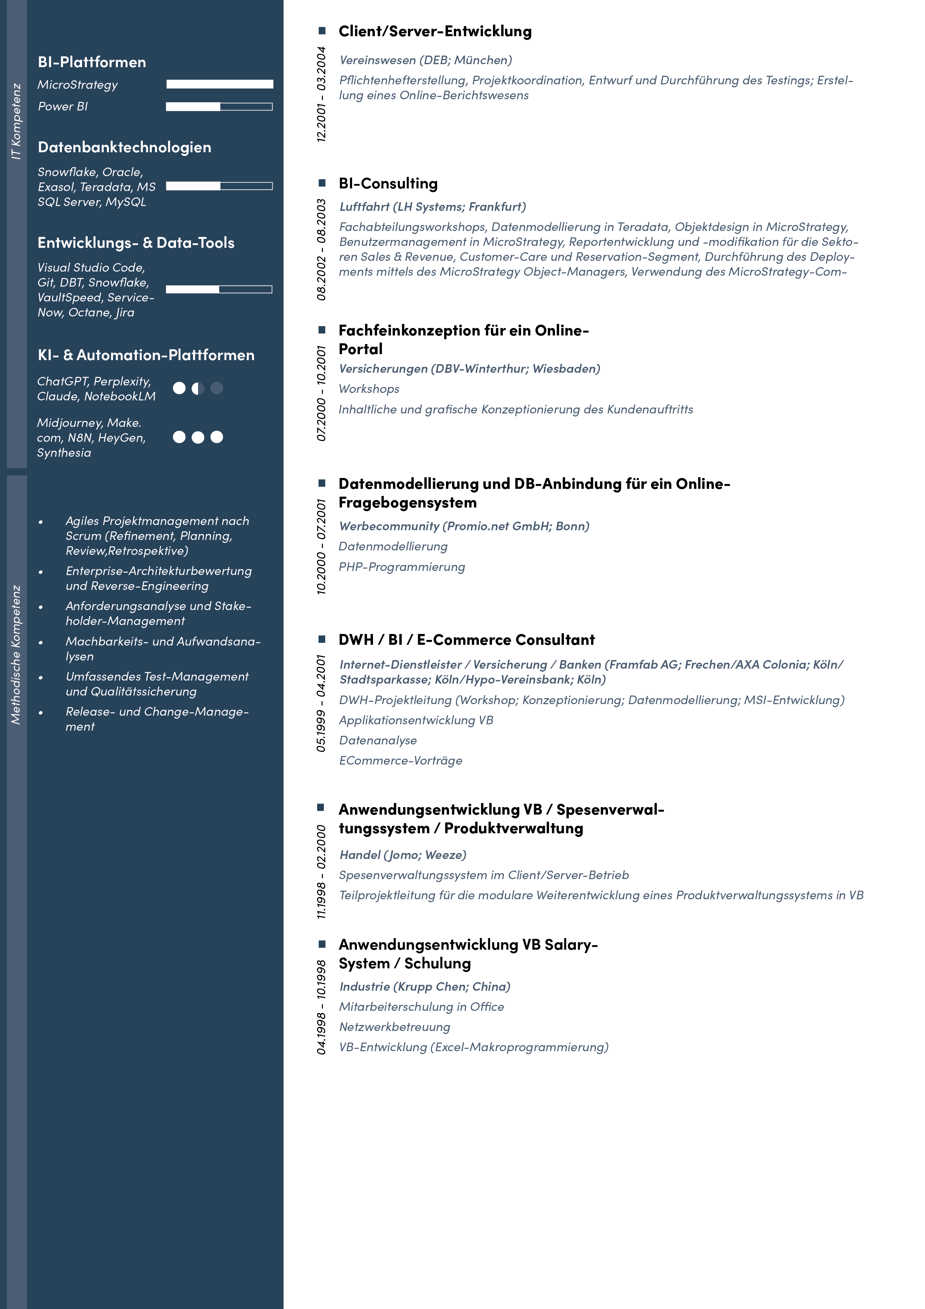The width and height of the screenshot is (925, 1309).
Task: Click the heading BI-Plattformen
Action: tap(92, 62)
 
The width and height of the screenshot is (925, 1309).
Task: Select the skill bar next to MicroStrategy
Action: tap(219, 84)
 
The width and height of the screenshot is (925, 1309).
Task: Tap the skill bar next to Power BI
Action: tap(219, 107)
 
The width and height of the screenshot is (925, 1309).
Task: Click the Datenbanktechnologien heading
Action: tap(124, 147)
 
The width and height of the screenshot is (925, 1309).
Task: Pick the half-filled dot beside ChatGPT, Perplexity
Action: tap(198, 388)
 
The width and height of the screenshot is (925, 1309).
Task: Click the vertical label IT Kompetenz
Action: tap(16, 121)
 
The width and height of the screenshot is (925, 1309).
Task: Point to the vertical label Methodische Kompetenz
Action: tap(16, 654)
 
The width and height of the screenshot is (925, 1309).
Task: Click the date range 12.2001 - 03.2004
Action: tap(322, 94)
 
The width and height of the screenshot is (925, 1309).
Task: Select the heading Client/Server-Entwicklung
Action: tap(435, 31)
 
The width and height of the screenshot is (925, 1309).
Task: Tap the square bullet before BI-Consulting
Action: tap(322, 183)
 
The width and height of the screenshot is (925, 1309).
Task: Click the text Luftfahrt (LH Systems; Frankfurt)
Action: tap(433, 206)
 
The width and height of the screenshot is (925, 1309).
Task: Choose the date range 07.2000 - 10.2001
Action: tap(322, 393)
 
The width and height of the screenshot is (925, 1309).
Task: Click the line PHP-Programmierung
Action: tap(402, 567)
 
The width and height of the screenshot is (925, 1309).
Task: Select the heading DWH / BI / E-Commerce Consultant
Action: tap(466, 640)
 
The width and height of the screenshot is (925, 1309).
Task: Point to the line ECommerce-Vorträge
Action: tap(401, 760)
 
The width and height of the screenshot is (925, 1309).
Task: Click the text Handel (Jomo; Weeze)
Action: tap(403, 855)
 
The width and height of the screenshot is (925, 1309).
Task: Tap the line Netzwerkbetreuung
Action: tap(394, 1027)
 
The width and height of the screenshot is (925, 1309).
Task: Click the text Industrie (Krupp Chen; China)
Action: tap(424, 986)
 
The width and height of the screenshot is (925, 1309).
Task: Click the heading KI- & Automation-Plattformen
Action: tap(146, 355)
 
